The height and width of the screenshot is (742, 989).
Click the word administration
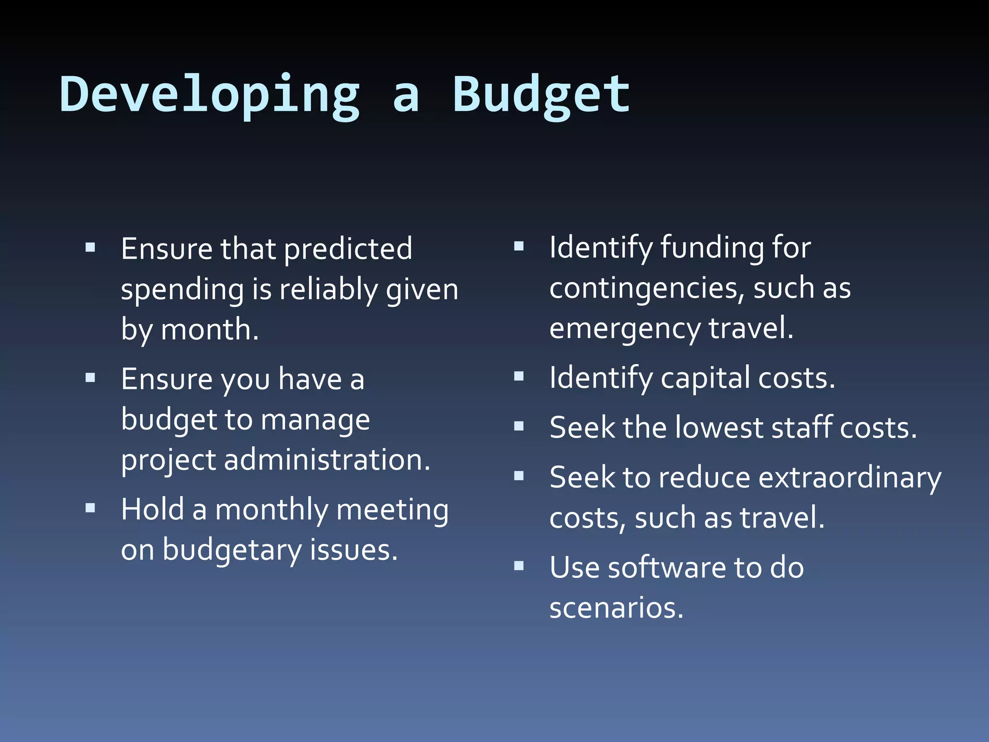[x=327, y=460]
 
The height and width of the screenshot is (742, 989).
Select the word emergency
[x=625, y=329]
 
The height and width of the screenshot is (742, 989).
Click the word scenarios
[x=616, y=608]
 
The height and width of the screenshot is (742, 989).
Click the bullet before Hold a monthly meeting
[x=90, y=508]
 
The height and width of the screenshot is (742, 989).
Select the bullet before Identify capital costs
[x=519, y=376]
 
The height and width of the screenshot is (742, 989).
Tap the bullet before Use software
[x=519, y=566]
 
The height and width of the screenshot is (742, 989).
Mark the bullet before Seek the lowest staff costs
[x=519, y=426]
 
